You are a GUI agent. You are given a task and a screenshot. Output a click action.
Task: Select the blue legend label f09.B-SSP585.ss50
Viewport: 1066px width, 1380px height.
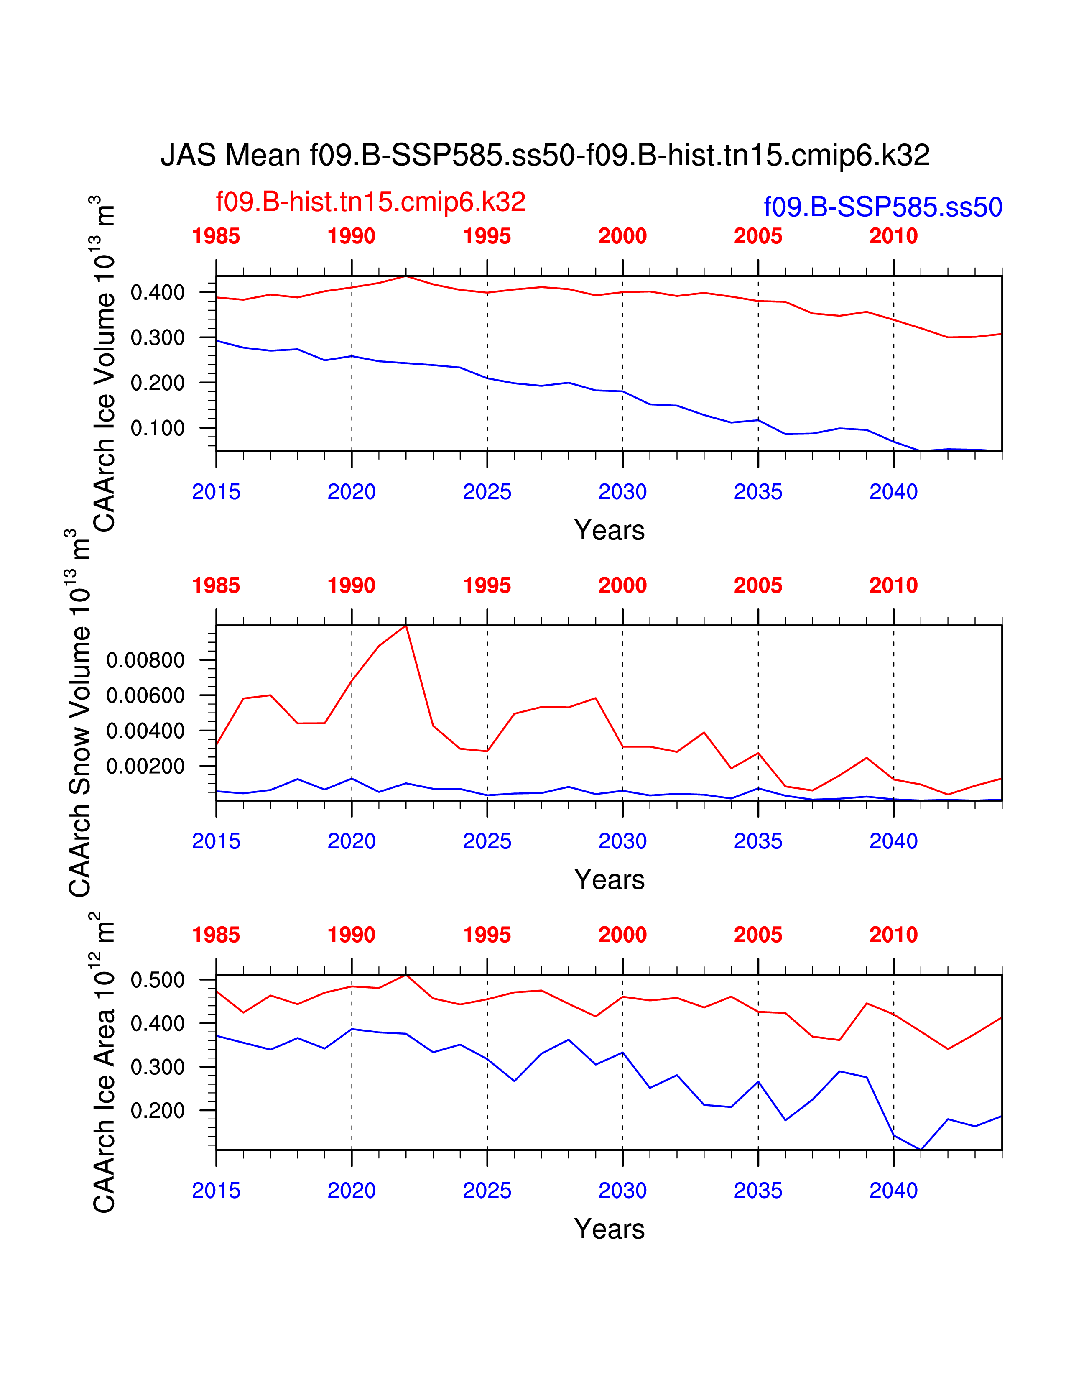tap(883, 207)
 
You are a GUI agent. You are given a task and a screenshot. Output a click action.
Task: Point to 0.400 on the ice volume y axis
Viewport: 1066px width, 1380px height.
tap(157, 293)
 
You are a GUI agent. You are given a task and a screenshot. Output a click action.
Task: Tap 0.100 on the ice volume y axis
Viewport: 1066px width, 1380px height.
tap(157, 428)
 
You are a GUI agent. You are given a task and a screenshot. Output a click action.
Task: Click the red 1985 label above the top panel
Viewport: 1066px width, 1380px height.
tap(216, 236)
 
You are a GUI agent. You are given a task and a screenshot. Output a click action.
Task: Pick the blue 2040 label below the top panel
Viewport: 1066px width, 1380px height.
tap(893, 492)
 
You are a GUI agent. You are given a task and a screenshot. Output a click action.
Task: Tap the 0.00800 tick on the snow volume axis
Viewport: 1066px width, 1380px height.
tap(145, 660)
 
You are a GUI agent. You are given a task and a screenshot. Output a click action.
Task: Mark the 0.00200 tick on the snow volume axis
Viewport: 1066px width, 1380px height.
tap(145, 767)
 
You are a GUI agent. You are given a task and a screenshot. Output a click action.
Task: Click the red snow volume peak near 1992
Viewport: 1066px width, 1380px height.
tap(406, 626)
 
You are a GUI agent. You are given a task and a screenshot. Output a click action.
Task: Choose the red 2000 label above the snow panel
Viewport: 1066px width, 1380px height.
tap(623, 586)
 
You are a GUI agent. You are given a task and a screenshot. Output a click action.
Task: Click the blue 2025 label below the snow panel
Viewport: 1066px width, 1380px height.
tap(487, 841)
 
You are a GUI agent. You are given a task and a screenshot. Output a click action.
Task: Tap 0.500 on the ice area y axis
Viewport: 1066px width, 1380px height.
tap(157, 980)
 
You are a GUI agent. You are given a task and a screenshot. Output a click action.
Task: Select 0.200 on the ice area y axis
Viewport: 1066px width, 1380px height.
tap(157, 1111)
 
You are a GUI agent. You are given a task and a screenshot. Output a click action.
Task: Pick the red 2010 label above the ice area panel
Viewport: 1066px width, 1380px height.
tap(893, 935)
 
